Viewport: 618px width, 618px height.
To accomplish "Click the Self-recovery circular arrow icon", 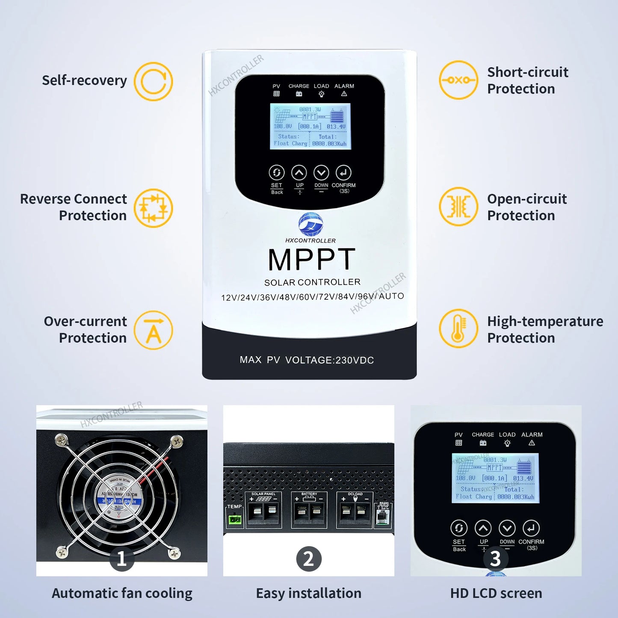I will tap(153, 81).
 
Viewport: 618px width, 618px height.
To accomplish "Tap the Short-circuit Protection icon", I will tap(458, 80).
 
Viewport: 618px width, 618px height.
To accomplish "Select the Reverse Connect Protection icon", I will tap(153, 208).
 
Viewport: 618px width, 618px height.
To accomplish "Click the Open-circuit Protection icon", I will tap(458, 207).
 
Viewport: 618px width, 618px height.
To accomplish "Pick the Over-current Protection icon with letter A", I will tap(153, 330).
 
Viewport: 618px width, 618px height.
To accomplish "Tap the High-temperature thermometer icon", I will tap(458, 328).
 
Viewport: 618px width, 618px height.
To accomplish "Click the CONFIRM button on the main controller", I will tap(343, 173).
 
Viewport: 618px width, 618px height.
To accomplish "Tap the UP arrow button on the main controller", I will tap(299, 173).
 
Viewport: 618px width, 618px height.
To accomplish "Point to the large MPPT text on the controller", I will tap(311, 259).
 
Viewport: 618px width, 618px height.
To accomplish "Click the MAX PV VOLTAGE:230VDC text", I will tap(307, 360).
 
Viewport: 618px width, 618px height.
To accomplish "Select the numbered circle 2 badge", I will tap(309, 559).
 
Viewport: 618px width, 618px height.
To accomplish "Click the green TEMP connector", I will tap(234, 519).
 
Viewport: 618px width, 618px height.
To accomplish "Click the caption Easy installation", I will tap(308, 593).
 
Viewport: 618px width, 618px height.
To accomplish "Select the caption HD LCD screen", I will tap(496, 593).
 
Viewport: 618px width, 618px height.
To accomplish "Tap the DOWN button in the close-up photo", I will tap(507, 528).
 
